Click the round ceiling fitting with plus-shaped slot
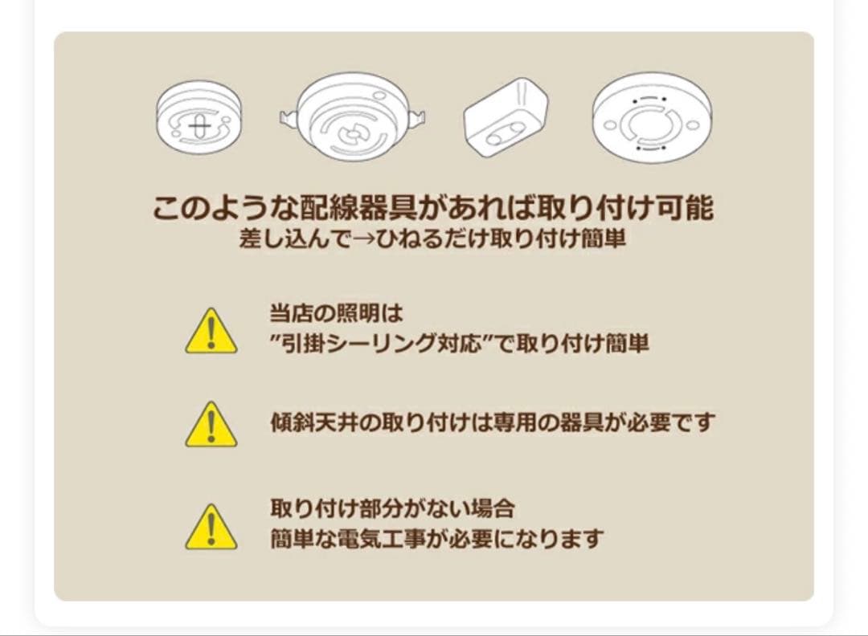click(199, 117)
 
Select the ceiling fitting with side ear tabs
click(353, 117)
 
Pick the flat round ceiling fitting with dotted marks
click(652, 118)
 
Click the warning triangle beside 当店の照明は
click(211, 331)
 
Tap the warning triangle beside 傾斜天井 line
click(211, 424)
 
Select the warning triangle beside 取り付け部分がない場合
click(211, 527)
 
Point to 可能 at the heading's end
click(685, 208)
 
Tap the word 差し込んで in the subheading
click(295, 239)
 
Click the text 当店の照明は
click(337, 313)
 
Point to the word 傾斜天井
click(315, 422)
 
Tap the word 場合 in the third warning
click(493, 508)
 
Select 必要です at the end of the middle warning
click(669, 422)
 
